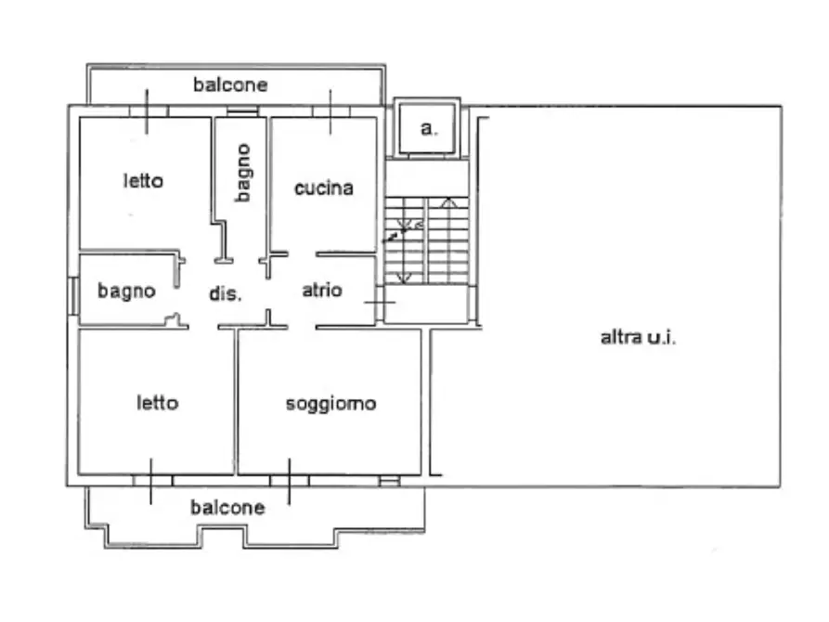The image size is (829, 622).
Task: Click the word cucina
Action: pyautogui.click(x=323, y=188)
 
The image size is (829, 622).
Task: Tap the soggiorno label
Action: pyautogui.click(x=330, y=404)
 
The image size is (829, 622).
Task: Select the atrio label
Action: pyautogui.click(x=322, y=291)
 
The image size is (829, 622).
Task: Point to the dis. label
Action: pyautogui.click(x=225, y=294)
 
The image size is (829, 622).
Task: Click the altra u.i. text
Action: pyautogui.click(x=638, y=338)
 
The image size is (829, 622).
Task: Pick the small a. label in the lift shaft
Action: pyautogui.click(x=427, y=129)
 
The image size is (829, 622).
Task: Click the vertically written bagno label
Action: pyautogui.click(x=242, y=172)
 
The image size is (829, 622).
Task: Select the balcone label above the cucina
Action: pyautogui.click(x=230, y=85)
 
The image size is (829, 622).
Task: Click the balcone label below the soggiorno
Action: pyautogui.click(x=227, y=508)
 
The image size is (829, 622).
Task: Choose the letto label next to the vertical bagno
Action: pyautogui.click(x=143, y=180)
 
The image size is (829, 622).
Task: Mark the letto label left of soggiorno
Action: pyautogui.click(x=158, y=403)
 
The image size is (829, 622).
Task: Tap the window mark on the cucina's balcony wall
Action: pyautogui.click(x=330, y=111)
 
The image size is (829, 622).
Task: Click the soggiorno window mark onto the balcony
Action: pyautogui.click(x=289, y=480)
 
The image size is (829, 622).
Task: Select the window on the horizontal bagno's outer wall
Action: pyautogui.click(x=72, y=295)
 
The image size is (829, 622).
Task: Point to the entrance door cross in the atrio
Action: pyautogui.click(x=378, y=302)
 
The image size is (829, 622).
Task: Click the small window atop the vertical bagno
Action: pyautogui.click(x=241, y=112)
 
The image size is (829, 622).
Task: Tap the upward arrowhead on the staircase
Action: pyautogui.click(x=447, y=201)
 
